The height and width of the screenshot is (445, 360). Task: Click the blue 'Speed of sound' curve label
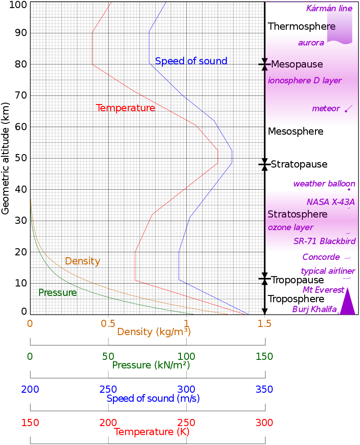[x=191, y=61]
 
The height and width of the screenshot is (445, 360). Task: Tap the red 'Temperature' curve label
[x=126, y=108]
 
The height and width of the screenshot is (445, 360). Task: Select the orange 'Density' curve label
[x=82, y=261]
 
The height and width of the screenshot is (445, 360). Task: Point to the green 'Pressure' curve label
[x=58, y=293]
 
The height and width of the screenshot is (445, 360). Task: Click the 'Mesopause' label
[x=297, y=64]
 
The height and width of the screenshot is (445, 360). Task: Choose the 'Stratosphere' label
[x=297, y=214]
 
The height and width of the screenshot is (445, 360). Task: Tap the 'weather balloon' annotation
[x=324, y=184]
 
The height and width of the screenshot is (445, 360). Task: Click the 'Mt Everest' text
[x=323, y=290]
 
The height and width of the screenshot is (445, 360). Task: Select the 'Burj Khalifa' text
[x=314, y=309]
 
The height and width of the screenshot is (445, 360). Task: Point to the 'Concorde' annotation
[x=321, y=257]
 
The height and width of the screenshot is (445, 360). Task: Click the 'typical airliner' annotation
[x=328, y=271]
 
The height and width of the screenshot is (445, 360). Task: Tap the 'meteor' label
[x=325, y=109]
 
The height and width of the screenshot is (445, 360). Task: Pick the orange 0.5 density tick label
[x=108, y=323]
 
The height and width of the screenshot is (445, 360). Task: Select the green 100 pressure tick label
[x=186, y=357]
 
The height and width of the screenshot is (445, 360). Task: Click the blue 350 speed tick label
[x=264, y=390]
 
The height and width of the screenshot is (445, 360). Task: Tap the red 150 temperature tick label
[x=30, y=423]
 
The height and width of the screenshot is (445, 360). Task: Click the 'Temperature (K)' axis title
[x=152, y=432]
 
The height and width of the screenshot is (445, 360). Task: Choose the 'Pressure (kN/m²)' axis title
[x=151, y=365]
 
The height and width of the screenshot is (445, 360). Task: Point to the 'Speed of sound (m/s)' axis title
[x=153, y=399]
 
